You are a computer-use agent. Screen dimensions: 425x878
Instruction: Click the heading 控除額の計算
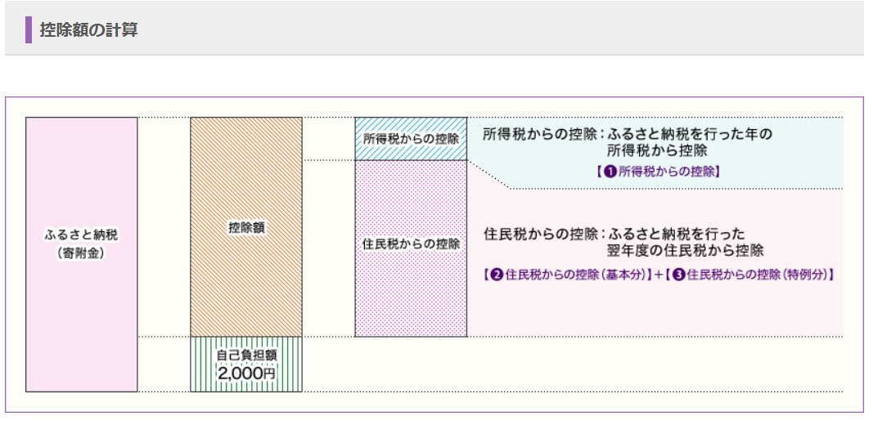point(89,30)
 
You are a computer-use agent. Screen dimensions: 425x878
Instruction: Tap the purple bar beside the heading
point(29,30)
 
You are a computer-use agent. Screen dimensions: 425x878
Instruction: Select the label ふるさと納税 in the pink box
point(81,235)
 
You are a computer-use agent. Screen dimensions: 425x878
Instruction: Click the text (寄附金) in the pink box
point(81,253)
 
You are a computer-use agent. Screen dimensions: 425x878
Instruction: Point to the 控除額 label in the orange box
point(246,228)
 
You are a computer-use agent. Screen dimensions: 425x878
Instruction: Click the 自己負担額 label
point(246,356)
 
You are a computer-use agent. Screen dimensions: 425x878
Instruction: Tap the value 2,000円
point(246,373)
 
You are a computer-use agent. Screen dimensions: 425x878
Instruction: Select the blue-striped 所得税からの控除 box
point(411,138)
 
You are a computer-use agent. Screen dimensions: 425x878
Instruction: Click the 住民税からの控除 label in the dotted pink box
point(411,244)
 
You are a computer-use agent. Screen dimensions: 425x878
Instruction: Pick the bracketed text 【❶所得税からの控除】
point(658,172)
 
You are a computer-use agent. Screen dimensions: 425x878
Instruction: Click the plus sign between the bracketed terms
point(658,275)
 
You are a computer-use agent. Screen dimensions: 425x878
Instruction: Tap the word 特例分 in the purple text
point(810,275)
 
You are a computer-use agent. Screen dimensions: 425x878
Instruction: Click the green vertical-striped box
point(246,365)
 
